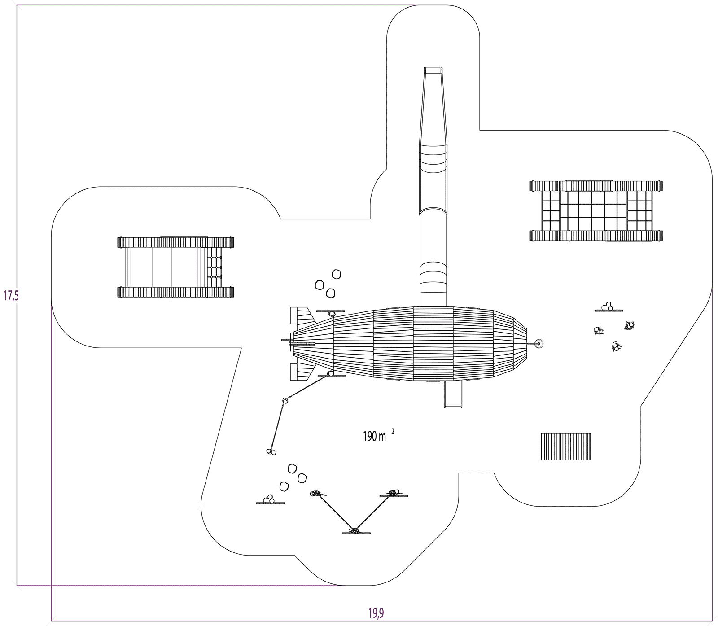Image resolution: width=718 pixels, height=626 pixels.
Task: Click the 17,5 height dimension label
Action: [10, 296]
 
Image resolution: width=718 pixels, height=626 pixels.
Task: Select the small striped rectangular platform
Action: [566, 447]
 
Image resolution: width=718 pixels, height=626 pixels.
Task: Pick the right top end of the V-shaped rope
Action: [394, 493]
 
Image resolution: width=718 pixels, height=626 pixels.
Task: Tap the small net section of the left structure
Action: [215, 267]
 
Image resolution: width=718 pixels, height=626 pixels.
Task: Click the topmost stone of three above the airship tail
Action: [336, 274]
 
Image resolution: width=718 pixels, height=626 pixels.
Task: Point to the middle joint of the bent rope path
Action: [285, 400]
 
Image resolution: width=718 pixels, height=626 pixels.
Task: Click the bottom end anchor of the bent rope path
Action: [271, 451]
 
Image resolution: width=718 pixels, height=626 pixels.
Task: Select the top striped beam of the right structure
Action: [595, 186]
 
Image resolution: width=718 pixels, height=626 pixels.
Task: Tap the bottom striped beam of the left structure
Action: [175, 292]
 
